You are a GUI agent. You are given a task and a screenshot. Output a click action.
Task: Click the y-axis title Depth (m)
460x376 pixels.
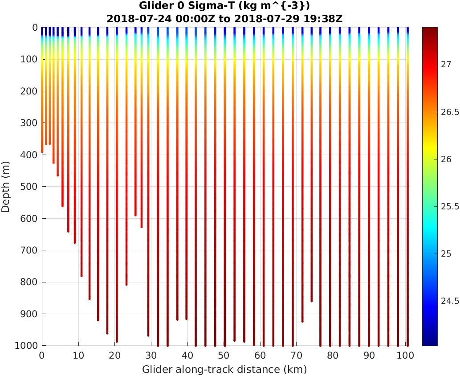tap(6, 186)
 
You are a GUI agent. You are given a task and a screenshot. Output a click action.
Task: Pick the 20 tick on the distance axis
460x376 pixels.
tap(115, 356)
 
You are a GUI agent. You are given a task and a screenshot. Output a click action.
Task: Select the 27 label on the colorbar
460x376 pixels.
tap(446, 65)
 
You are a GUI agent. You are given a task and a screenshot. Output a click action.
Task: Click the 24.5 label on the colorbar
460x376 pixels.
tap(449, 301)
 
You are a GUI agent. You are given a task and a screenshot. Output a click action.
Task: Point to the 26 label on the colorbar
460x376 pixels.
tap(446, 159)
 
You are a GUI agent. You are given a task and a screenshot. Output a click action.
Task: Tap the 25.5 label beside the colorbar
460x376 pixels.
tap(449, 207)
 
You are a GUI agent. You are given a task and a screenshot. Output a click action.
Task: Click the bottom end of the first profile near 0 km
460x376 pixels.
tap(42, 152)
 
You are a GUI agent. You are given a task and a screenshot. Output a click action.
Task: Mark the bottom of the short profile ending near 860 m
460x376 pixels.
tap(311, 301)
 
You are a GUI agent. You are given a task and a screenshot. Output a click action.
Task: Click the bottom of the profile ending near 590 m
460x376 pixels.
tap(135, 215)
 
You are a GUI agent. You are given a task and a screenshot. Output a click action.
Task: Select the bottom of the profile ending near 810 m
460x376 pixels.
tap(126, 284)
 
